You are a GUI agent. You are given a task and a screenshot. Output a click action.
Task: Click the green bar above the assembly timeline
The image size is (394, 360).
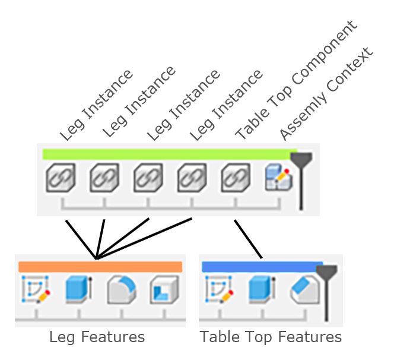(x=166, y=154)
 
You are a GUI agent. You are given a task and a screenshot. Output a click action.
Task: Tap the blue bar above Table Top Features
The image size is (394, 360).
(x=261, y=267)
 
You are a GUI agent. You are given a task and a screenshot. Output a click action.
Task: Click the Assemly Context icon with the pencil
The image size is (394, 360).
(x=278, y=178)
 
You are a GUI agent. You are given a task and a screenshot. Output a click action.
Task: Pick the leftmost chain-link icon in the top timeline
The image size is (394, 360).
(x=61, y=178)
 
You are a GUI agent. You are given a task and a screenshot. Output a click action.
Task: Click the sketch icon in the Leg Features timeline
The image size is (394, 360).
(x=35, y=290)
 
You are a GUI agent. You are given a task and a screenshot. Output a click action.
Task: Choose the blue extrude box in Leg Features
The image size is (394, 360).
(x=78, y=290)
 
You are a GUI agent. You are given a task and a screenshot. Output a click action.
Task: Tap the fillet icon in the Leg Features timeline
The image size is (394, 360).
(x=121, y=290)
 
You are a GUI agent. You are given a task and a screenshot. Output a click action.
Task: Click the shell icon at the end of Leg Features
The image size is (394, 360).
(x=164, y=290)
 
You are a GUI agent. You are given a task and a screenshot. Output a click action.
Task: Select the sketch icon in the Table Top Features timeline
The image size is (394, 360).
(x=218, y=290)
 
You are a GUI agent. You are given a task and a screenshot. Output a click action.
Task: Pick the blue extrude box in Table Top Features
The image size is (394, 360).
(x=261, y=290)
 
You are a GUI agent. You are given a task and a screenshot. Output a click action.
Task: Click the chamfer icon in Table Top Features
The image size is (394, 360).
(x=304, y=290)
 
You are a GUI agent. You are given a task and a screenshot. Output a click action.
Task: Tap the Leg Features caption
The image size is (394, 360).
(x=97, y=337)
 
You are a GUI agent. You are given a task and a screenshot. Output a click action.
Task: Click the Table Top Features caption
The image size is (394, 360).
(x=271, y=337)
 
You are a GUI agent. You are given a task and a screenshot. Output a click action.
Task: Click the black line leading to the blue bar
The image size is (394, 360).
(x=249, y=239)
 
